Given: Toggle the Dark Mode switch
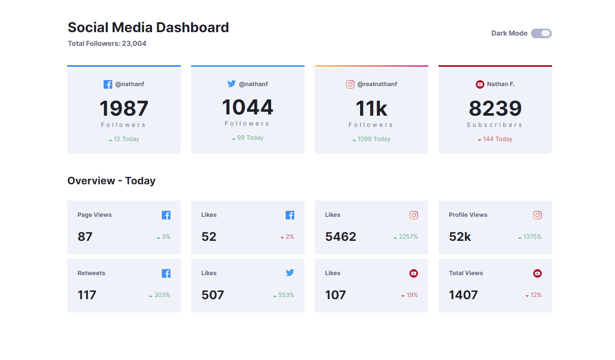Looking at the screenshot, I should coord(541,33).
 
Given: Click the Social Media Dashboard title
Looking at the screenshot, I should coord(148,27).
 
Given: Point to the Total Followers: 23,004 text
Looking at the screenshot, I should coord(107,43).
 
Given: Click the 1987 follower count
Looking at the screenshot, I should coord(124,108).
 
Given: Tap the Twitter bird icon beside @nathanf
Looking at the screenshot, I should coord(232,84).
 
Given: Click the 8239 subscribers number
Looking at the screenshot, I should coord(495,108).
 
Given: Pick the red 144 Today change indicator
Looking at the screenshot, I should coord(496,139).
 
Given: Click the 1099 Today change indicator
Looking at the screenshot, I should coord(371,139).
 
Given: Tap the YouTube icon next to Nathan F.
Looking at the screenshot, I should coord(480,84).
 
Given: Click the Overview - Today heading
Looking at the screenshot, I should coord(111,181).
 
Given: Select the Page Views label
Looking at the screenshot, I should coord(94,215).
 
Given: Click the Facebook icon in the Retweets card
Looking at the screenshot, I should coord(166,273).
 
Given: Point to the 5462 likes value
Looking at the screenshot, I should coord(340,237).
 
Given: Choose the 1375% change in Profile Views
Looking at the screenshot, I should coord(530,237).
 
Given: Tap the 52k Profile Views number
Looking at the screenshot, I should coord(460,237).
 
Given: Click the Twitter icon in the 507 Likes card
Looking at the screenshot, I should coord(290,273).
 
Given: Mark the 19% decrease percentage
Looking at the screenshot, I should coord(409,295).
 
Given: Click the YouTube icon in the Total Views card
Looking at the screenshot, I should coord(537,273).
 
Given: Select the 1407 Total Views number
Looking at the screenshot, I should coord(463,295).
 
